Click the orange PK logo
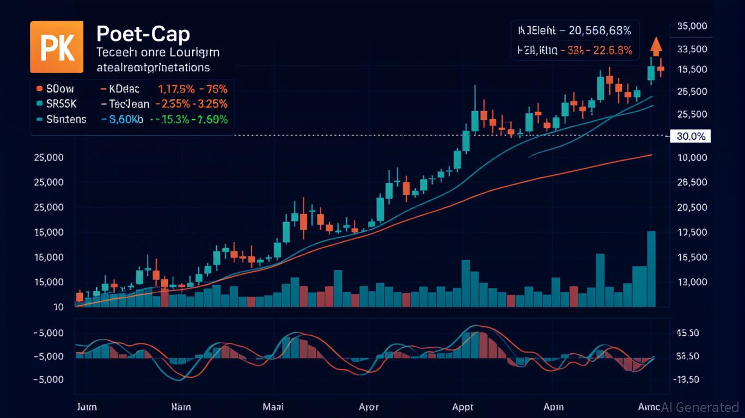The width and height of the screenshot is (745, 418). pyautogui.click(x=57, y=47)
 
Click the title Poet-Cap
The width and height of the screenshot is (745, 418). pyautogui.click(x=143, y=34)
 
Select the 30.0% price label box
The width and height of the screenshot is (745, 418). pyautogui.click(x=691, y=136)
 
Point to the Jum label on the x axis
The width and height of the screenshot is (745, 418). pyautogui.click(x=87, y=407)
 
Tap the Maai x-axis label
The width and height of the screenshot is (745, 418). pyautogui.click(x=273, y=407)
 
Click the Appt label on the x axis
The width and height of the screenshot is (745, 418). pyautogui.click(x=463, y=407)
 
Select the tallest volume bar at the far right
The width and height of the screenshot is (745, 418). pyautogui.click(x=651, y=269)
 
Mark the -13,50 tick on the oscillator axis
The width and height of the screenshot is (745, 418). pyautogui.click(x=687, y=379)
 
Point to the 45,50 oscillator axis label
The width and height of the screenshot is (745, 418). pyautogui.click(x=687, y=333)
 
